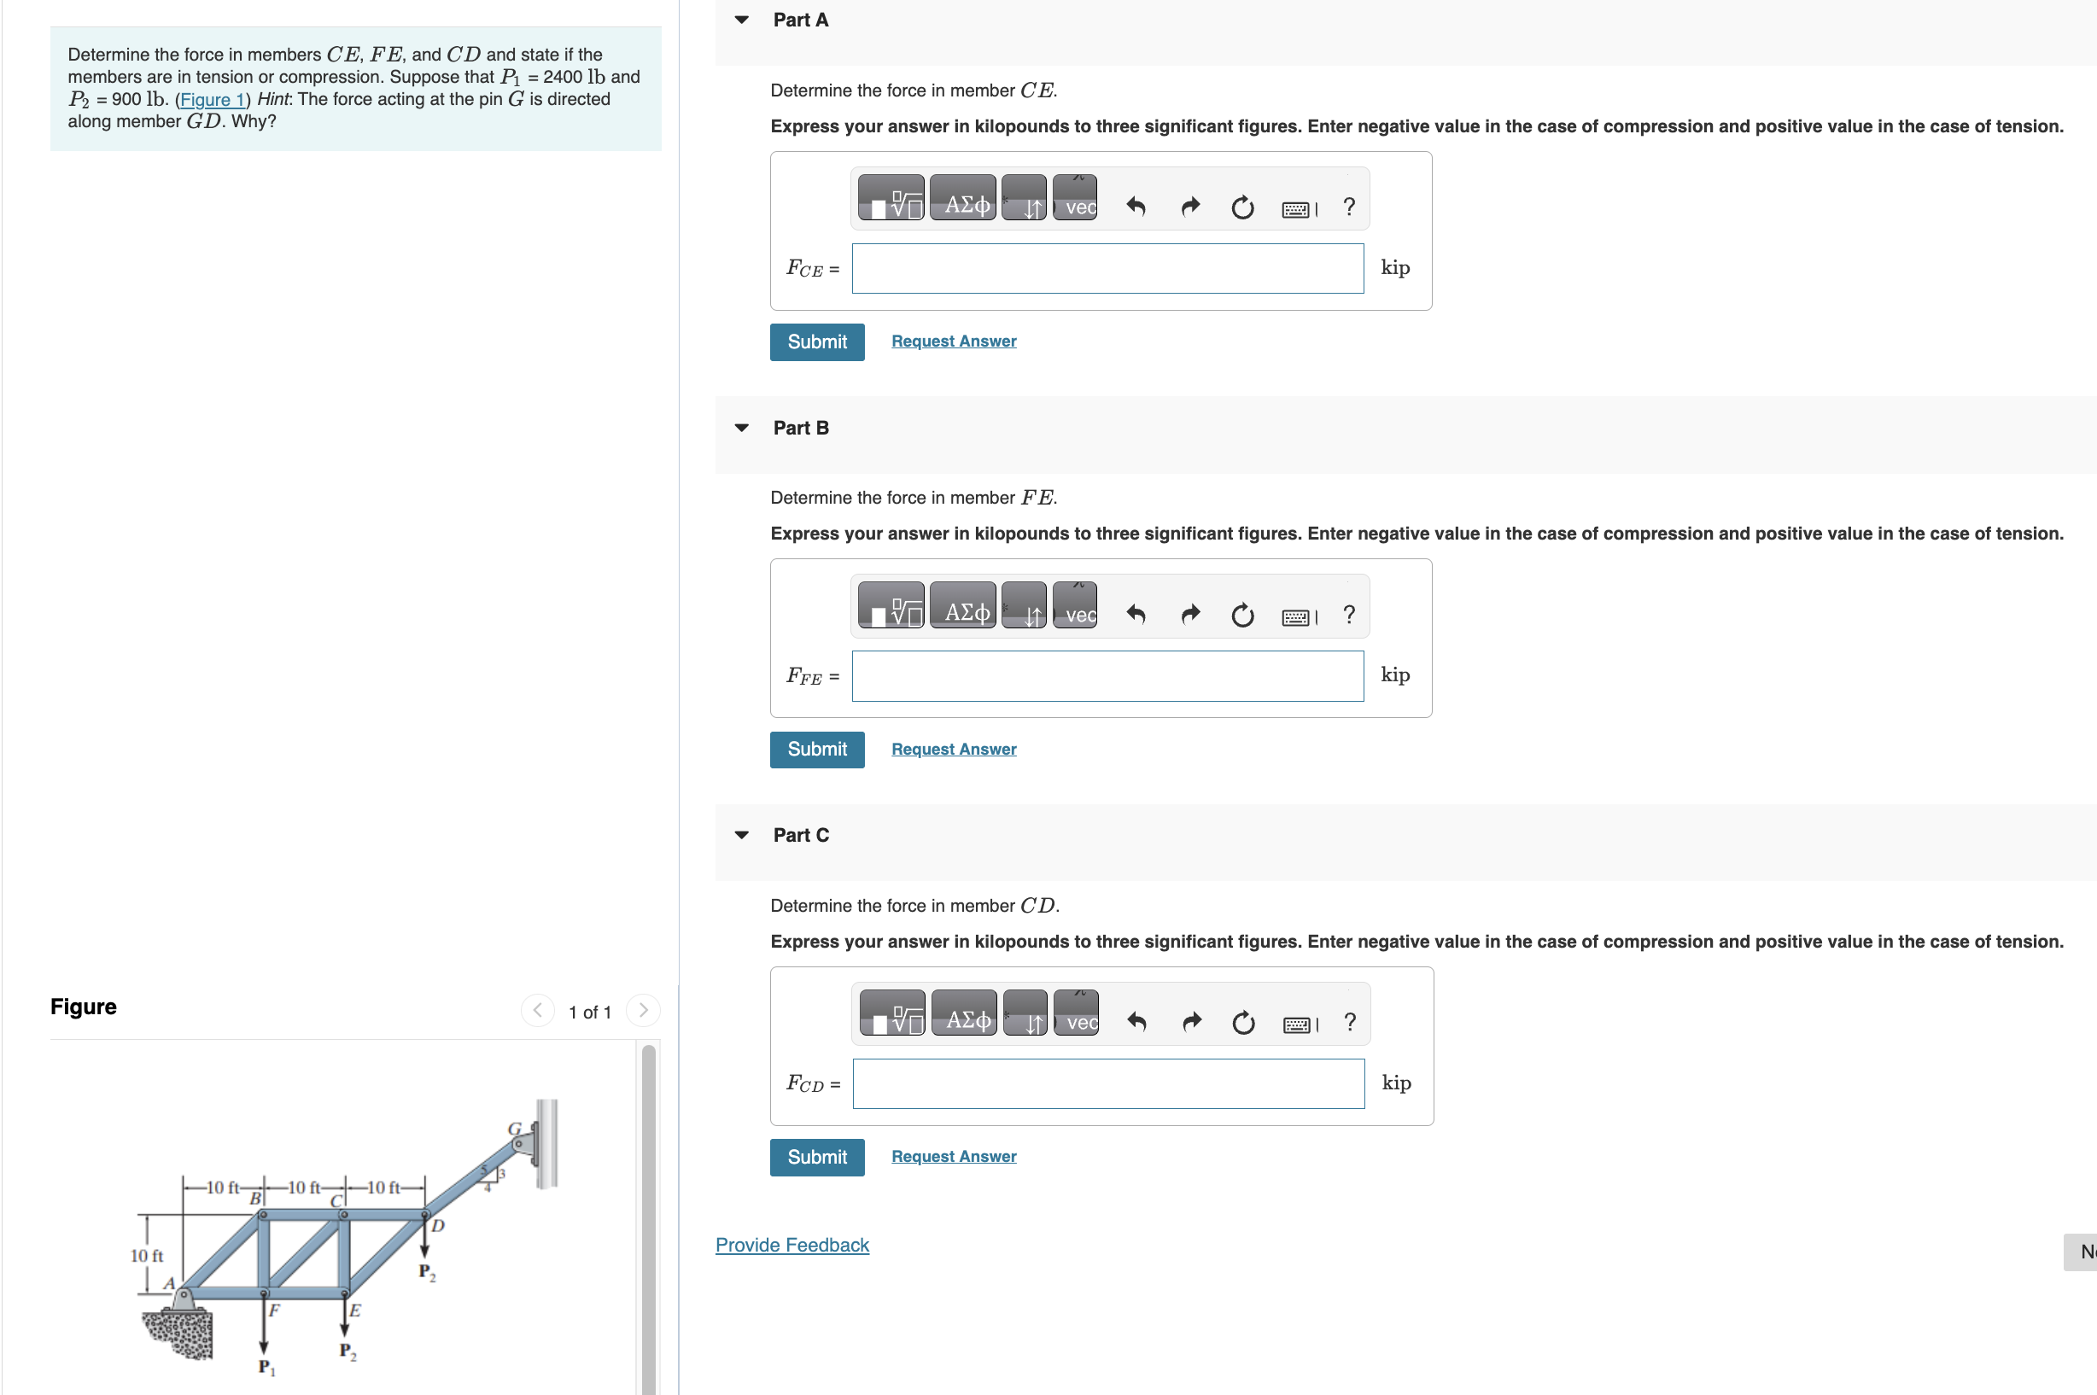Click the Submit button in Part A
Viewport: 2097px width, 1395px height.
click(x=816, y=341)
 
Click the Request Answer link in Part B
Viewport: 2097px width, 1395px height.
click(x=953, y=749)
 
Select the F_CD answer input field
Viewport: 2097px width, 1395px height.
click(x=1107, y=1083)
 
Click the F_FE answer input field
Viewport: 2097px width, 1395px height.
click(x=1107, y=676)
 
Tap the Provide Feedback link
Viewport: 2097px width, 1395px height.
click(x=791, y=1245)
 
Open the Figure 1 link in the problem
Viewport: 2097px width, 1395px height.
click(x=212, y=100)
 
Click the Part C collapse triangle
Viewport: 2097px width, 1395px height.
click(x=741, y=834)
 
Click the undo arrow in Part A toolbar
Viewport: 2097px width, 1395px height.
click(x=1136, y=207)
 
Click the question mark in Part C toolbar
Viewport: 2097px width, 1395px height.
click(x=1350, y=1022)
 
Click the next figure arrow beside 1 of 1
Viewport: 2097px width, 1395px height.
click(x=642, y=1011)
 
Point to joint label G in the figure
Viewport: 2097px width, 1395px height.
click(x=514, y=1129)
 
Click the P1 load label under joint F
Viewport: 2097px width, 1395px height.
click(x=266, y=1368)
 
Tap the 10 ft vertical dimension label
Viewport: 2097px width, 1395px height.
click(x=147, y=1255)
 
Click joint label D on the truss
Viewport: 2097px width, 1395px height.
click(x=437, y=1226)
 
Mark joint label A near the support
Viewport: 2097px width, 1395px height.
click(x=168, y=1283)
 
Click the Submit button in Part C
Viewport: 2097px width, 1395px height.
click(x=816, y=1157)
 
